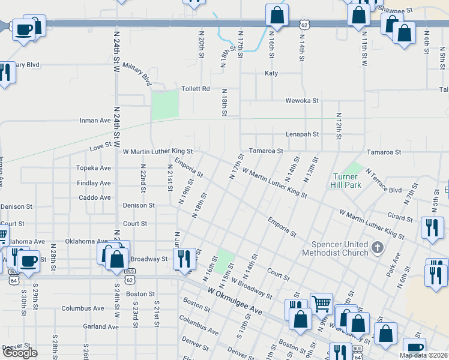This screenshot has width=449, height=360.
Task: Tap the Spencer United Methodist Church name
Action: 340,248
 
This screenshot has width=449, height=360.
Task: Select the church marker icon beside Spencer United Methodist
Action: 377,247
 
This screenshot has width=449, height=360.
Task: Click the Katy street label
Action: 271,73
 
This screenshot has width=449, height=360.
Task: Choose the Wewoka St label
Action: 302,100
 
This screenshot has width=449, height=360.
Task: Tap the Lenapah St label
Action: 302,134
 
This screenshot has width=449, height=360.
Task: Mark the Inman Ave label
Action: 95,121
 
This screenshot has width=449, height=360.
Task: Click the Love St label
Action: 100,145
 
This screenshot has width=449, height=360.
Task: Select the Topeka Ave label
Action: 94,168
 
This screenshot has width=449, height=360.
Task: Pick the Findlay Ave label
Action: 94,183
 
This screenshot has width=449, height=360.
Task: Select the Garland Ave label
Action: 101,327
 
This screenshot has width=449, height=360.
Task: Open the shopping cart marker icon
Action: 321,304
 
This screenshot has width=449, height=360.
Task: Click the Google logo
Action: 20,353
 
